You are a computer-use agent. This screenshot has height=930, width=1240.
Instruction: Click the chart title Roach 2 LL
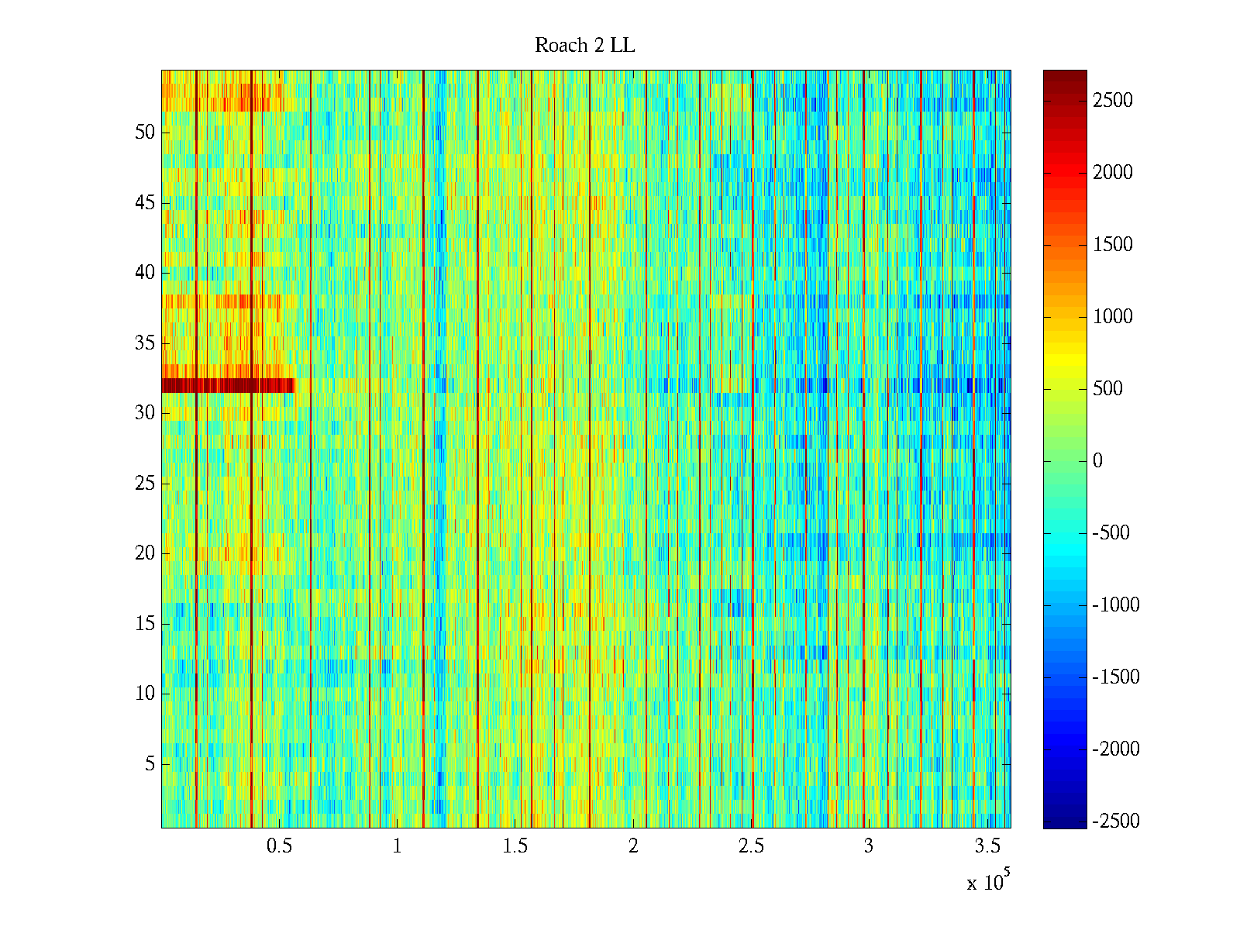pyautogui.click(x=584, y=46)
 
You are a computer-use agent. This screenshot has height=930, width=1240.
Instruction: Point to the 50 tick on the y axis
pyautogui.click(x=145, y=133)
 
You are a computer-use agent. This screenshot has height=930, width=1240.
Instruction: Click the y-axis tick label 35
pyautogui.click(x=145, y=343)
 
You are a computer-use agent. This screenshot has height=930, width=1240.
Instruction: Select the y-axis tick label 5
pyautogui.click(x=150, y=764)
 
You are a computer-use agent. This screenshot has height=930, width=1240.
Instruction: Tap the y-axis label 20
pyautogui.click(x=145, y=553)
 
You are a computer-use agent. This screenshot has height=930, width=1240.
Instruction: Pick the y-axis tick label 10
pyautogui.click(x=145, y=694)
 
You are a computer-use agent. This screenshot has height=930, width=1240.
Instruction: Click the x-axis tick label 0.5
pyautogui.click(x=279, y=846)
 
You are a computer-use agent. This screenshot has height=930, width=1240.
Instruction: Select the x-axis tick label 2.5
pyautogui.click(x=751, y=846)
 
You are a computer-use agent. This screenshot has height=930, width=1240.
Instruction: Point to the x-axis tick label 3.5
pyautogui.click(x=987, y=846)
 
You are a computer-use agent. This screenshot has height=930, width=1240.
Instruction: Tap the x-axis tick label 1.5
pyautogui.click(x=515, y=846)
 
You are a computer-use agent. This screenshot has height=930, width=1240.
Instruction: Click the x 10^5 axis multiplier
pyautogui.click(x=988, y=882)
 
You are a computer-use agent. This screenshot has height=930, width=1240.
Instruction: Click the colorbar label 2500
pyautogui.click(x=1113, y=101)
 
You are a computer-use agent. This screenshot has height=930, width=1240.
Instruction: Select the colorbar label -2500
pyautogui.click(x=1116, y=821)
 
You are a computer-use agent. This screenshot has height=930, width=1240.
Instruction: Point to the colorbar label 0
pyautogui.click(x=1097, y=461)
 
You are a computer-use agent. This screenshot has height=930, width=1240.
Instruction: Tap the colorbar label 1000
pyautogui.click(x=1113, y=317)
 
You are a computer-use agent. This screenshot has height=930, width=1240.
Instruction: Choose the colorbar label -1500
pyautogui.click(x=1116, y=677)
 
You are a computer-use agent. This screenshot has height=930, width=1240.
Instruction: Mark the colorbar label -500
pyautogui.click(x=1111, y=533)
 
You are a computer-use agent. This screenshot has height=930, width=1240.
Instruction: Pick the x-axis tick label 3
pyautogui.click(x=868, y=846)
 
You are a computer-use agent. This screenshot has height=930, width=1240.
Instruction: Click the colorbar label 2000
pyautogui.click(x=1113, y=173)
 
